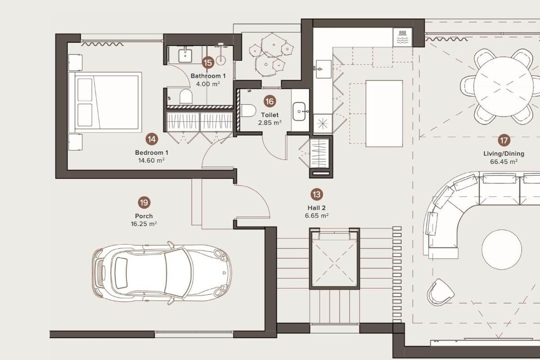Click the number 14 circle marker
tap(152, 139)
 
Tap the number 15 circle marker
tap(208, 63)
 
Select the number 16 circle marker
tap(270, 101)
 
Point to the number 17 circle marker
tap(504, 140)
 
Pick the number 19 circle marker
tap(144, 202)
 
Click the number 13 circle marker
tap(317, 194)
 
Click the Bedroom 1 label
tap(152, 153)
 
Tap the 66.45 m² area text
tap(504, 162)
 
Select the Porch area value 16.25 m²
tap(144, 224)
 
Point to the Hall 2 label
tap(316, 208)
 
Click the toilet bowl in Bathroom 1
tap(186, 97)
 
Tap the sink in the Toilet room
tap(299, 112)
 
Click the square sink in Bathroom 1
tap(185, 56)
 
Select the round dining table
tap(504, 86)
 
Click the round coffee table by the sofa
tap(502, 250)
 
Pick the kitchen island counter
tap(384, 113)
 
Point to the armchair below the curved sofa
tap(440, 292)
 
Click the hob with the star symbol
tap(323, 124)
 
